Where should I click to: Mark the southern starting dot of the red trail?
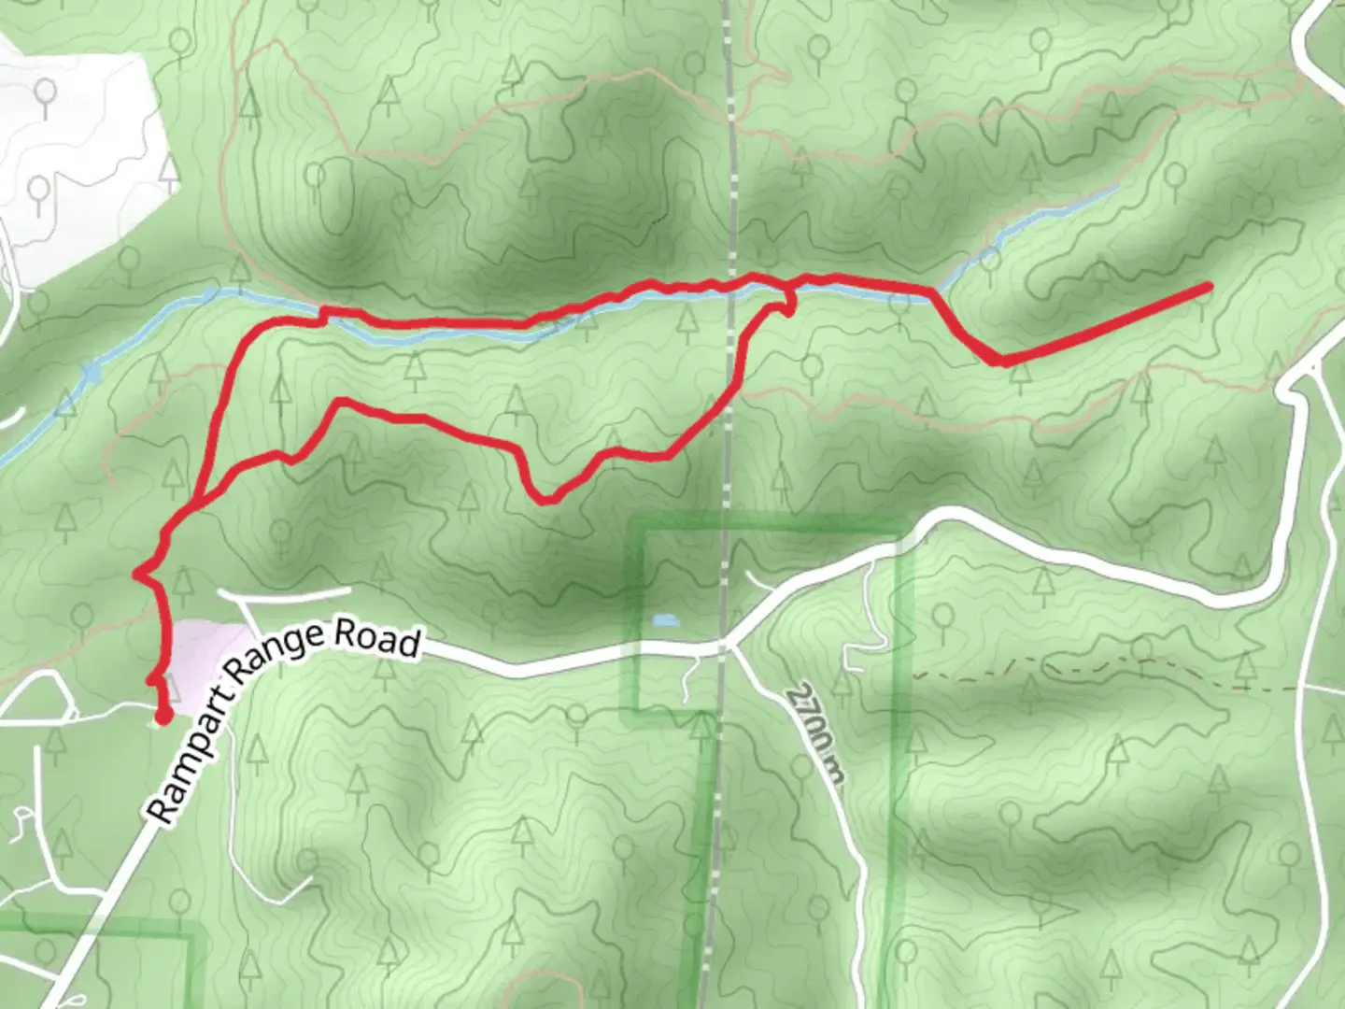163,718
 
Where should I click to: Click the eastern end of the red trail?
1209,286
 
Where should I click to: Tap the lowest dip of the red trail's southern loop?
546,499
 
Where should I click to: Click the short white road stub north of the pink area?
285,592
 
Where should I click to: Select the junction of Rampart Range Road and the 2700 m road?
727,645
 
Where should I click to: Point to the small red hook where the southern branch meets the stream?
787,304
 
